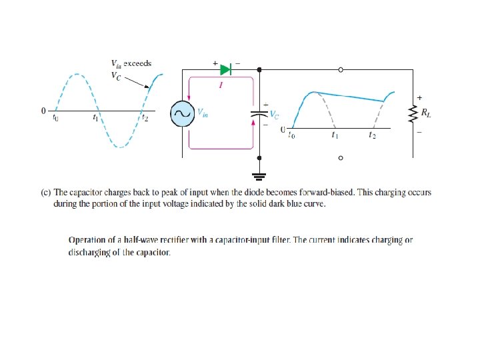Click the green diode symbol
point(225,69)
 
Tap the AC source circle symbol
point(181,113)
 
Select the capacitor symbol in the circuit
point(259,113)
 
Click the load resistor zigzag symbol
point(413,114)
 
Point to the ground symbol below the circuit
point(259,177)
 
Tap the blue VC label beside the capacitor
point(273,114)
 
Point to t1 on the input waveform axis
point(96,118)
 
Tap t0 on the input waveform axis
point(56,118)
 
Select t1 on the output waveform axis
point(335,135)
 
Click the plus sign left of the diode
point(215,63)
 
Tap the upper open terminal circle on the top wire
point(341,69)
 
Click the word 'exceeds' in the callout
point(139,63)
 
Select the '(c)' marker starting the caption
point(46,193)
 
